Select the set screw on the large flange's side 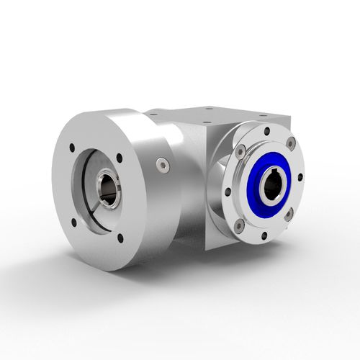[163, 166]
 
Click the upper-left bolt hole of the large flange [72, 149]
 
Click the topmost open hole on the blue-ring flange [266, 132]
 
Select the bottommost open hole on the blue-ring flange [264, 235]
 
